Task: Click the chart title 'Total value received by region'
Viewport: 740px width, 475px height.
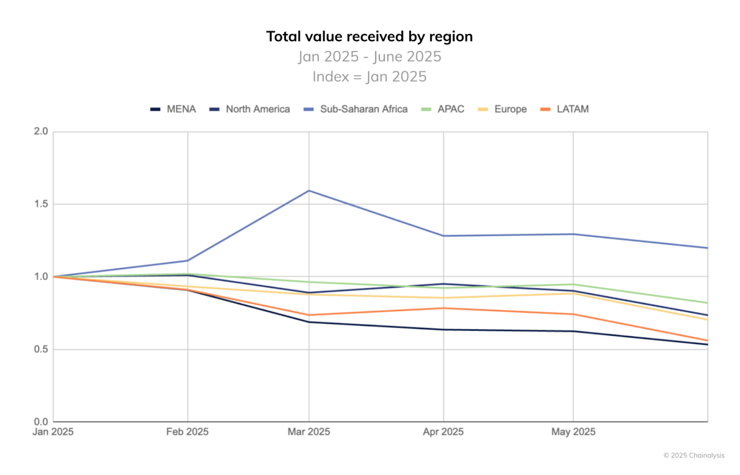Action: [x=369, y=37]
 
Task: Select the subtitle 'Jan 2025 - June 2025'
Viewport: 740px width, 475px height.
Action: [x=369, y=56]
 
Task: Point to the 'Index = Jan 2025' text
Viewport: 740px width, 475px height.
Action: [x=369, y=76]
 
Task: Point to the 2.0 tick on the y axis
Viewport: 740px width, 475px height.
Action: [x=41, y=131]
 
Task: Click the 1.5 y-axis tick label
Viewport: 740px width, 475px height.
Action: [x=41, y=204]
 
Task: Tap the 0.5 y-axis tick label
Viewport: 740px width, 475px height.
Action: [x=41, y=349]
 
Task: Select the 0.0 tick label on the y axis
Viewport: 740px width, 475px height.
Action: [x=41, y=421]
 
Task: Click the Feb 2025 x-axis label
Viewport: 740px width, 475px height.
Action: [x=187, y=432]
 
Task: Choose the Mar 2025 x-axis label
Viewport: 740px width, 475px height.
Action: [x=308, y=432]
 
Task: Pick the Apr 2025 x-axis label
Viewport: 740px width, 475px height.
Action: [x=443, y=432]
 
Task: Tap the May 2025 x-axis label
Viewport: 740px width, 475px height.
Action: [x=573, y=432]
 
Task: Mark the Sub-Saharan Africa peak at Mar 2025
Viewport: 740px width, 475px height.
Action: [x=309, y=191]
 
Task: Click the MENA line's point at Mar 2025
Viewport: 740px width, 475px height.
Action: [x=309, y=322]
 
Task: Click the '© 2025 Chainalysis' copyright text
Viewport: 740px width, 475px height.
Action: [x=694, y=456]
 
